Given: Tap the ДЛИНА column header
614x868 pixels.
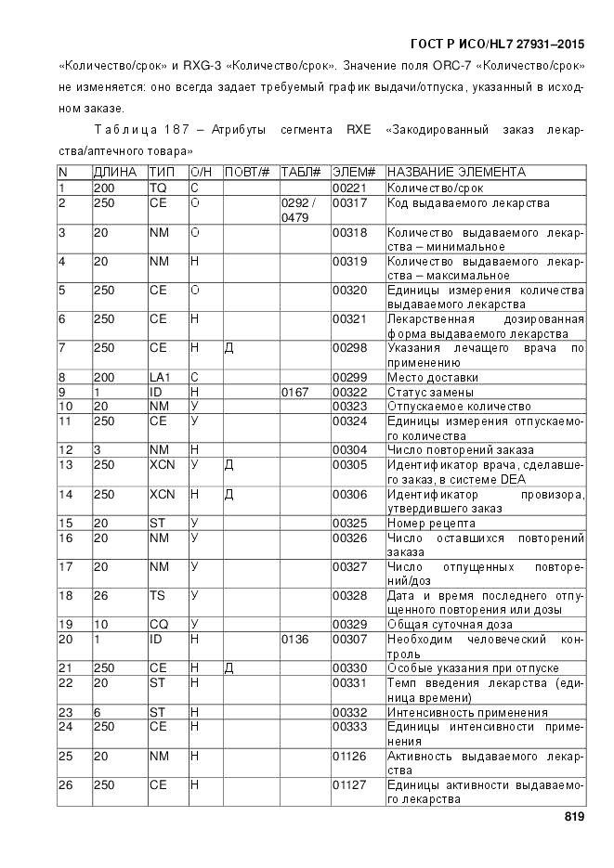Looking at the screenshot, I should click(x=115, y=173).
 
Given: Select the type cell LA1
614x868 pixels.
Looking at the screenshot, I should click(x=161, y=378).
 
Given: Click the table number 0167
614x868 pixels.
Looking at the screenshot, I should click(x=296, y=392).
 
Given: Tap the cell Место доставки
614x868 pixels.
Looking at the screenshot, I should click(x=433, y=378).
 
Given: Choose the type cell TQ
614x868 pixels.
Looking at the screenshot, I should click(x=158, y=188).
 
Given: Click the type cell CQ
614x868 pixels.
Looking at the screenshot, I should click(x=159, y=624).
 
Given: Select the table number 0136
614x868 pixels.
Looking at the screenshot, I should click(x=296, y=639).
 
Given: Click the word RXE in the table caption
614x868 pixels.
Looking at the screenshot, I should click(x=359, y=131).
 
